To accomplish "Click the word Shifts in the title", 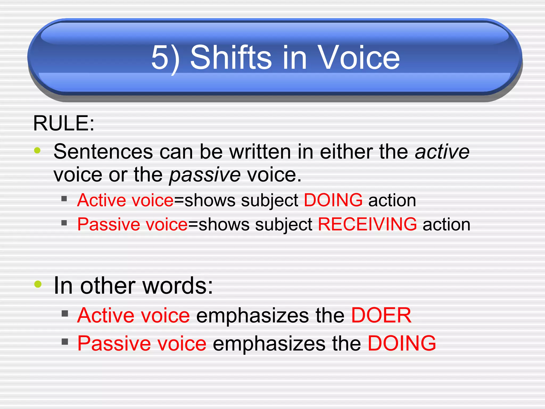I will tap(231, 57).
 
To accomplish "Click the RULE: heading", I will tap(64, 123).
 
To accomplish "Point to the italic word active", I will tap(442, 152).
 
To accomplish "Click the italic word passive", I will tap(205, 175).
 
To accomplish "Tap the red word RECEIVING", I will tap(367, 224).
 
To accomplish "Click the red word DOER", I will tap(381, 315).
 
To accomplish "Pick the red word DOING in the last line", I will tap(402, 343).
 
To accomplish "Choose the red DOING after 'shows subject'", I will tap(333, 200).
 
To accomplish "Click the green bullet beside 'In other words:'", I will tap(38, 284).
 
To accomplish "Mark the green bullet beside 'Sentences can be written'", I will tap(37, 150).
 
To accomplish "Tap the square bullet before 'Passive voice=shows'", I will tap(64, 223).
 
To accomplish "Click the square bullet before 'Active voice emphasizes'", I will tap(65, 313).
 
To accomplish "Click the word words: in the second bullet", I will tap(178, 286).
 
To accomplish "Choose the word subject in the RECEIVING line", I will tap(284, 224).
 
